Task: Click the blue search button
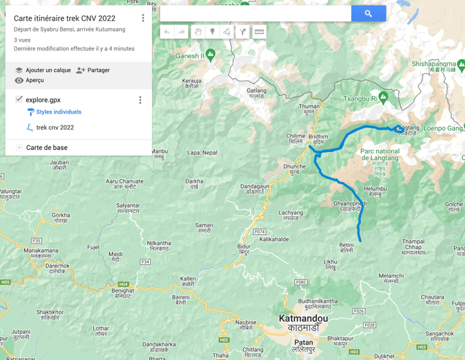coord(368,13)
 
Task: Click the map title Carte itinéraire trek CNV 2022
coord(64,18)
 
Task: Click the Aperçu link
coord(34,80)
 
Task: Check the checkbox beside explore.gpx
coord(18,99)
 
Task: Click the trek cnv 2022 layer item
coord(55,127)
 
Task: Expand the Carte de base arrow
coord(18,148)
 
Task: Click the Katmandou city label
coord(303,319)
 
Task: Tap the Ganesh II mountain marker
coord(211,53)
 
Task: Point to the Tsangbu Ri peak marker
coord(383,96)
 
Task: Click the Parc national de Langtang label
coord(379,154)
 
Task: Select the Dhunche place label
coord(294,166)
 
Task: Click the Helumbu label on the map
coord(375,189)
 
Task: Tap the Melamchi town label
coord(391,276)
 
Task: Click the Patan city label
coord(303,342)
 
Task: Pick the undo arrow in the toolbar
coord(166,31)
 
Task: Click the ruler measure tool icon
coord(259,31)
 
